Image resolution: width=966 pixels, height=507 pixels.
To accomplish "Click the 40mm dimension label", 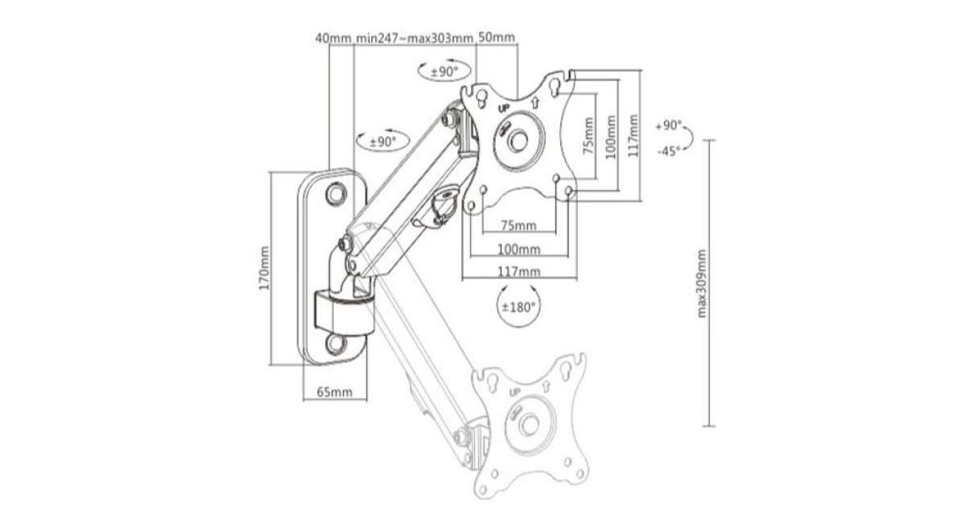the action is pyautogui.click(x=333, y=39).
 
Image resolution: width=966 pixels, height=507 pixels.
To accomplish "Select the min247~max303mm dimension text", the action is pyautogui.click(x=415, y=39).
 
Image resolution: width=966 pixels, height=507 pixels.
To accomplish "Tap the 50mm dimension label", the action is pyautogui.click(x=497, y=38).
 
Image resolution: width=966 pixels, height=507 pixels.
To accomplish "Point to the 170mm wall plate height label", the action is pyautogui.click(x=265, y=268).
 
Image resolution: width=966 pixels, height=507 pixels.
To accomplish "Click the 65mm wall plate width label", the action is pyautogui.click(x=335, y=393).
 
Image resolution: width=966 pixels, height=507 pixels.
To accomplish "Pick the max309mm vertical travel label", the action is pyautogui.click(x=702, y=283).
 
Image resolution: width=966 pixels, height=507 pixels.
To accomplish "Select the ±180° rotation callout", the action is pyautogui.click(x=518, y=307).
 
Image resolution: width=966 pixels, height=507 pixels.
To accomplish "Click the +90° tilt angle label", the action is pyautogui.click(x=668, y=126).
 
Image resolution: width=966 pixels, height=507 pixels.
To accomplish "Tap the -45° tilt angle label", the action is pyautogui.click(x=668, y=151).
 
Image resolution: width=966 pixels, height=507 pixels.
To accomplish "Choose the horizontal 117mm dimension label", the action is pyautogui.click(x=519, y=272).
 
